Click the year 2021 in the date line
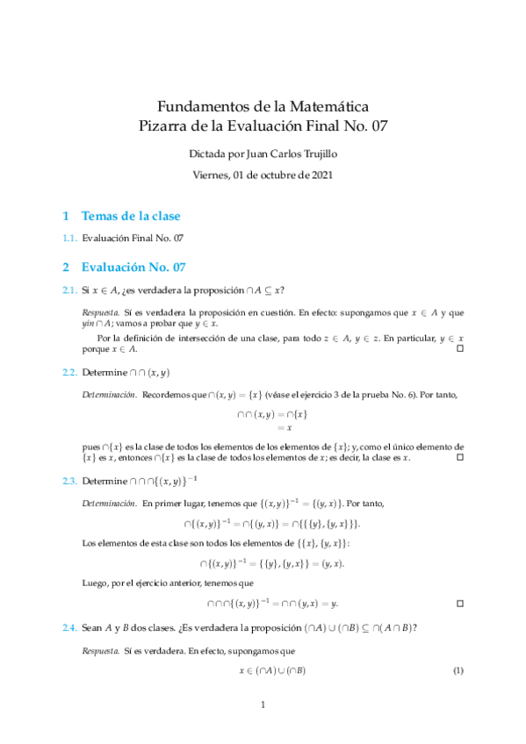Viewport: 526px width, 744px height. pyautogui.click(x=319, y=174)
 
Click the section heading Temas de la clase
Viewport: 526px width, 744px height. pyautogui.click(x=132, y=216)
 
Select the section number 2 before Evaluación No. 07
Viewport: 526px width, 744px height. pyautogui.click(x=66, y=267)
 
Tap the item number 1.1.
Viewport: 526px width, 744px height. pyautogui.click(x=69, y=238)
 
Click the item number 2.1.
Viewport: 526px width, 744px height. pyautogui.click(x=69, y=290)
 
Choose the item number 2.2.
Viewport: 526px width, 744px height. pyautogui.click(x=69, y=372)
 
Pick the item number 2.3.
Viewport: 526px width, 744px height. pyautogui.click(x=69, y=481)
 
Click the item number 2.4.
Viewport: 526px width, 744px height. pyautogui.click(x=69, y=627)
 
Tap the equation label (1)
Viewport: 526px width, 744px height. pyautogui.click(x=458, y=671)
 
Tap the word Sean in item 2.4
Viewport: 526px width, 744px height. pyautogui.click(x=93, y=627)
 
